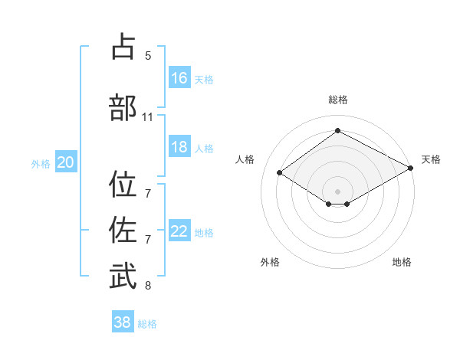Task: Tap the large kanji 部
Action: pos(123,108)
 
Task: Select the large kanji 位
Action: pos(123,185)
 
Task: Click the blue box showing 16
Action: pos(179,78)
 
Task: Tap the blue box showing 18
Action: pos(179,147)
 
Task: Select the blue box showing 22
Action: pos(179,231)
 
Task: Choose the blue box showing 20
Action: pos(66,162)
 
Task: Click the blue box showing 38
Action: pos(123,322)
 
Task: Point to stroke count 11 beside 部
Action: pos(148,117)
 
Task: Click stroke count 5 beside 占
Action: pos(148,56)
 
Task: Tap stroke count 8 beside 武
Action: pos(148,286)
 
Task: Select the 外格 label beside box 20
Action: pos(41,163)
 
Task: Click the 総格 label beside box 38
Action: pos(147,324)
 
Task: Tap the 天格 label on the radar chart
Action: pos(431,159)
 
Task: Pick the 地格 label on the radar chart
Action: pos(402,262)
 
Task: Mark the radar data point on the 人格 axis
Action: pos(280,173)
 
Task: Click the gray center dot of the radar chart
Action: pos(337,190)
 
